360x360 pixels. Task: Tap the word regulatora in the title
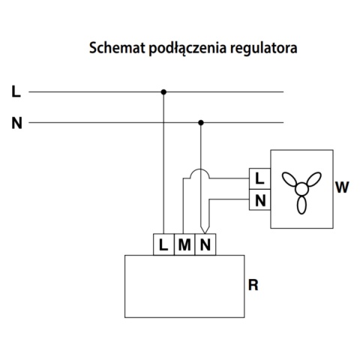point(253,49)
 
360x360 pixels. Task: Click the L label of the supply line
point(16,92)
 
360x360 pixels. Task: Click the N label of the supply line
point(16,122)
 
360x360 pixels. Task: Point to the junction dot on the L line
point(163,92)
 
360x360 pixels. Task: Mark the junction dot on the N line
point(200,122)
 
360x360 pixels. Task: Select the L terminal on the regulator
point(164,244)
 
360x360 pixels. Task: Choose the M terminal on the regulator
point(184,244)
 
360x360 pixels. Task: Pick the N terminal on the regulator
point(204,244)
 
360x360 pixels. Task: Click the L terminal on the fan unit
point(259,179)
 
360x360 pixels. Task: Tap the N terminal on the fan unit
point(259,200)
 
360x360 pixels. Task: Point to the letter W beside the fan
point(341,187)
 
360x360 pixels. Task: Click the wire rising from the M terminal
point(183,210)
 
